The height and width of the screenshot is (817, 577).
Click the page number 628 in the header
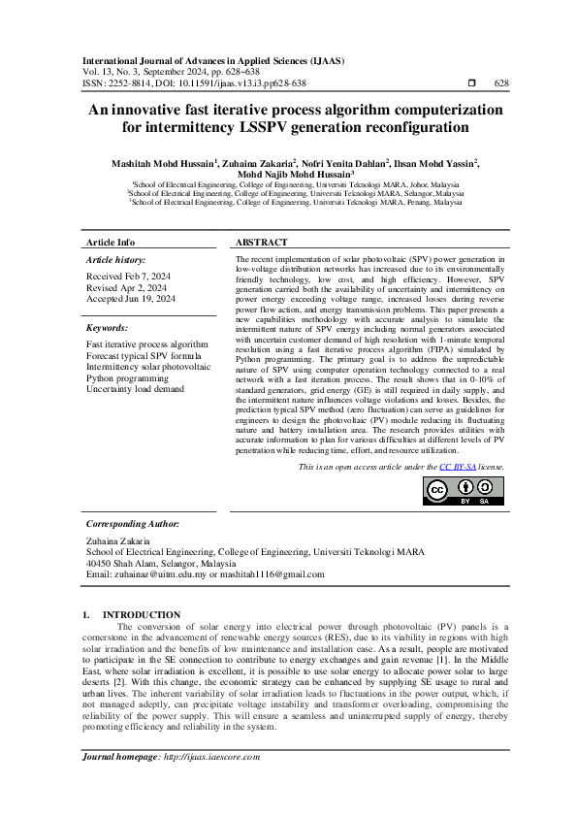tap(501, 83)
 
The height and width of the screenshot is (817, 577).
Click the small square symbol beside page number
tap(471, 83)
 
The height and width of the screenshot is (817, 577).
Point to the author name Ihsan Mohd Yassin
tap(435, 164)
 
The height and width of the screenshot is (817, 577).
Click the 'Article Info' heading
tap(111, 242)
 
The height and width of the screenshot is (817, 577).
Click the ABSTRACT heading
tap(262, 242)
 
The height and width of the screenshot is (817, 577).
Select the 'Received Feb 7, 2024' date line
tap(128, 277)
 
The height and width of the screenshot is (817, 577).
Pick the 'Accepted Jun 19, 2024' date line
tap(131, 300)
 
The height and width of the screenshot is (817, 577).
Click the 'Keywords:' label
tap(107, 328)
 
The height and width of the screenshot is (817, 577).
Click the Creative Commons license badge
tap(457, 492)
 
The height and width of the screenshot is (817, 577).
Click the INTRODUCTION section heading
tap(141, 614)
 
